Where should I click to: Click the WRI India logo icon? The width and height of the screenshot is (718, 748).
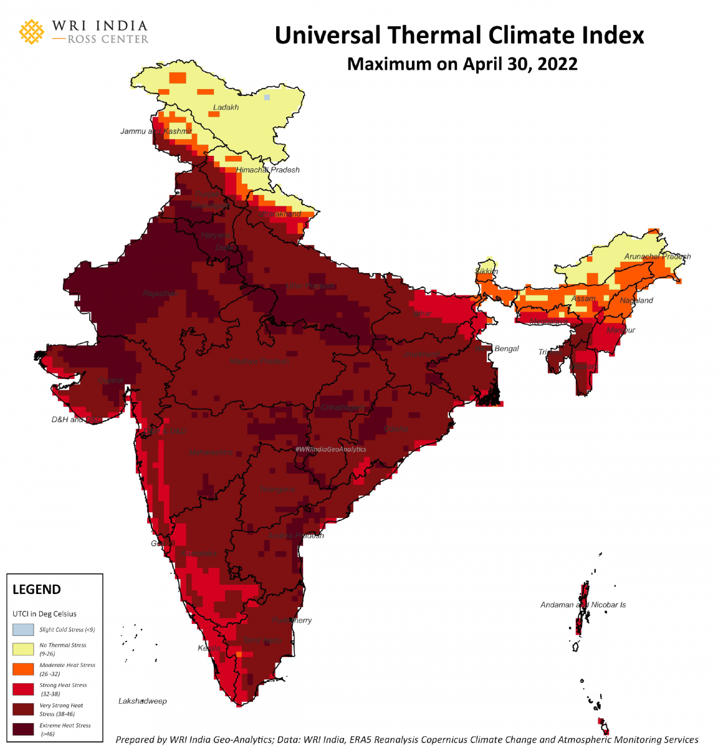tap(32, 32)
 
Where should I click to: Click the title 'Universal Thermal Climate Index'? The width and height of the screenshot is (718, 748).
tap(459, 36)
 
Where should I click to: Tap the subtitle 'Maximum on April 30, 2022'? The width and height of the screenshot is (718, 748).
tap(462, 64)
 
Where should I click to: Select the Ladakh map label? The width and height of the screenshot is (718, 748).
tap(226, 107)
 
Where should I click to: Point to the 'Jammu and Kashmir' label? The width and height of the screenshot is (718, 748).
tap(156, 132)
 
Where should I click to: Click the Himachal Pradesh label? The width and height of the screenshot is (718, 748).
tap(267, 170)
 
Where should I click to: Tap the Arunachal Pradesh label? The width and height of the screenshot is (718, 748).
tap(657, 256)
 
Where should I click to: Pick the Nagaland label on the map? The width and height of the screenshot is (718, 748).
tap(636, 300)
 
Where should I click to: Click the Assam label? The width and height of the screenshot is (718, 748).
tap(583, 299)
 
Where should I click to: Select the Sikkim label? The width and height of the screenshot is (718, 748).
tap(487, 271)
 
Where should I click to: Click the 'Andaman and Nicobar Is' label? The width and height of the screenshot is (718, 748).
tap(583, 605)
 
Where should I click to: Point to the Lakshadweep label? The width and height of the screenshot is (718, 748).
tap(143, 701)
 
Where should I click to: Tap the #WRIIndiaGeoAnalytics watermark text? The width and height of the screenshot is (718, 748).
tap(330, 449)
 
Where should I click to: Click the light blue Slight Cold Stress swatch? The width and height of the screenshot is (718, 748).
tap(23, 630)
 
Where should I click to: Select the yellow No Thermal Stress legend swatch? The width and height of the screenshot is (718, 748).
tap(23, 649)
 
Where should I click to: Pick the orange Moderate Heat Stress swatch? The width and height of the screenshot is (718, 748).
tap(23, 669)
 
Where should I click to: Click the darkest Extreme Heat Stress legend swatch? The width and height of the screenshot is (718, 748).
tap(23, 729)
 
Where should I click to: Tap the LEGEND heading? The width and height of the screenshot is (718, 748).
tap(37, 590)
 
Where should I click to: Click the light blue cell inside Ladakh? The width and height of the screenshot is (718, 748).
tap(267, 97)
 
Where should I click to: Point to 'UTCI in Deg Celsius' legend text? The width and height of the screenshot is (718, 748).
tap(44, 614)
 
